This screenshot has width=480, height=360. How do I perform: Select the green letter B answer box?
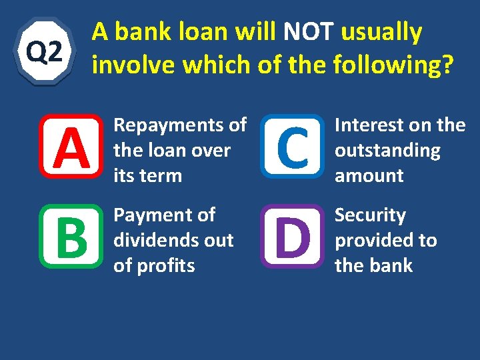click(x=71, y=237)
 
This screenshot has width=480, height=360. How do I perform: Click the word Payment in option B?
click(x=154, y=215)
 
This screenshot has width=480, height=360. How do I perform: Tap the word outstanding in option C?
click(x=387, y=151)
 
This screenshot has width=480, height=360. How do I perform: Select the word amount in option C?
click(x=369, y=176)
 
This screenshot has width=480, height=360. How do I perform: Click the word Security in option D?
click(x=370, y=215)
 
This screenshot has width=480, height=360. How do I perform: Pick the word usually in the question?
click(x=381, y=32)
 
